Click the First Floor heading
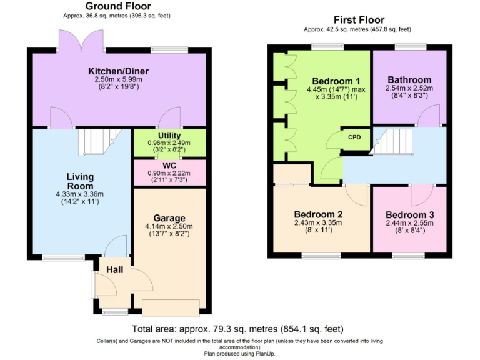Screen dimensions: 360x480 pos(359,20)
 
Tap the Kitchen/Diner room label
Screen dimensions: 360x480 pos(117,71)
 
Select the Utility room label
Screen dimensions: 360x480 pos(169,136)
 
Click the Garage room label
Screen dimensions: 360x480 pos(170,218)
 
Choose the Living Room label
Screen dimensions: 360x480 pos(80,181)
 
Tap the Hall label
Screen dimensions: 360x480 pos(114,269)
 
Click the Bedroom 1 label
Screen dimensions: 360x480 pos(336,81)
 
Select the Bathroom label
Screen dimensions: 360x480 pos(409,80)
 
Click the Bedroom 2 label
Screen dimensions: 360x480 pos(318,214)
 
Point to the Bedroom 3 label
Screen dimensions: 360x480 pos(409,214)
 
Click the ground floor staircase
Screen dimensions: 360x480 pos(97,142)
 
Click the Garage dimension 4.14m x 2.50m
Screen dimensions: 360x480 pos(170,226)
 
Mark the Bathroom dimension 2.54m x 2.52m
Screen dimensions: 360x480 pos(409,89)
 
